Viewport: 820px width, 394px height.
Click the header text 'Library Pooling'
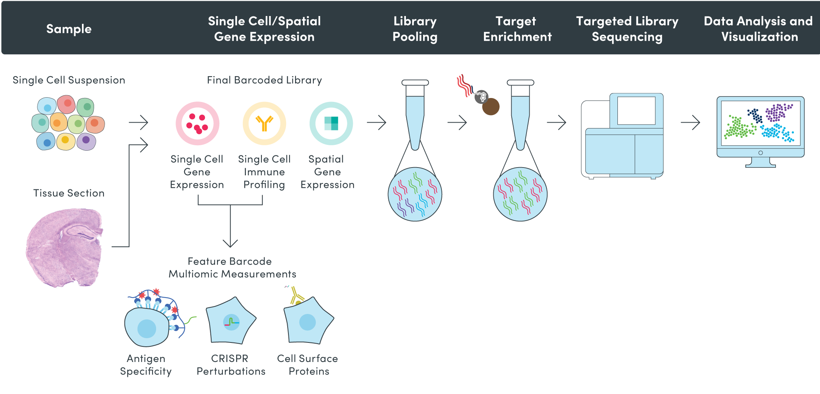pos(415,29)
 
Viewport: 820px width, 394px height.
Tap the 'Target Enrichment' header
pos(518,29)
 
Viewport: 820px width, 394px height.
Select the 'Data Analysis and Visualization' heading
pos(758,29)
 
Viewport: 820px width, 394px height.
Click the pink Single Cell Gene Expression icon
pos(197,123)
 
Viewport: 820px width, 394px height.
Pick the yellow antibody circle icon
pos(264,123)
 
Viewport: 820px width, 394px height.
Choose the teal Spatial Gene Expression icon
pos(331,123)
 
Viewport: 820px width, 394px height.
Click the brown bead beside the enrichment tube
pos(491,107)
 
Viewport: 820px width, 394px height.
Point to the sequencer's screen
pos(636,111)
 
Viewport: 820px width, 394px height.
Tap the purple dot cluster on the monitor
pos(778,112)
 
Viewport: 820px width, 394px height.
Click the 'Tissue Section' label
pos(69,193)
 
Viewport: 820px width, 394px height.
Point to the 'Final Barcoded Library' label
pos(264,80)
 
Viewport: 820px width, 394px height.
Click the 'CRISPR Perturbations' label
pos(231,365)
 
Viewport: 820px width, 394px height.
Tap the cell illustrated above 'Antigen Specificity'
pos(147,327)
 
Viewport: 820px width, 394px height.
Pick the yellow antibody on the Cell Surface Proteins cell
pos(296,295)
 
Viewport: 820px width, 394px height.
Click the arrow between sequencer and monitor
pos(690,123)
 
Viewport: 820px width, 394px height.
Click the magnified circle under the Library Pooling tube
pos(415,194)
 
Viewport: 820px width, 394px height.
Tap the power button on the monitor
pos(760,153)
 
